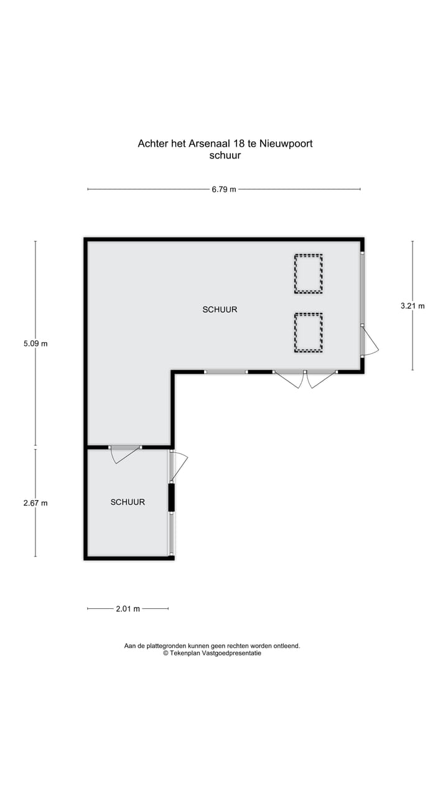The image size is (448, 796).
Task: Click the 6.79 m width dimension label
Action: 224,189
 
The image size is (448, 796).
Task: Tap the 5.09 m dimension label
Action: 35,343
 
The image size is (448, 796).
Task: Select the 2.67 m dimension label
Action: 35,503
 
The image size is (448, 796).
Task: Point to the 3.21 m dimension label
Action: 413,305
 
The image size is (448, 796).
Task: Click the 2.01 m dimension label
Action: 128,609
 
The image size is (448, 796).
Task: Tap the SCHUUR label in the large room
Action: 220,309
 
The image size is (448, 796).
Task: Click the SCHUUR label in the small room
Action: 128,502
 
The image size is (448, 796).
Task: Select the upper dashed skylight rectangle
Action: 309,273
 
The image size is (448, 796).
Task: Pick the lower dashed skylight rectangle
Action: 309,332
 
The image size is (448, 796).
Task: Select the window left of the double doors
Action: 226,372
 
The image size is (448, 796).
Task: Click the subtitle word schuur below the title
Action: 225,155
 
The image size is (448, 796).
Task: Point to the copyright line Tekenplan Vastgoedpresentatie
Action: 212,654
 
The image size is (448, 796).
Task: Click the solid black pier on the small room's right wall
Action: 171,497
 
